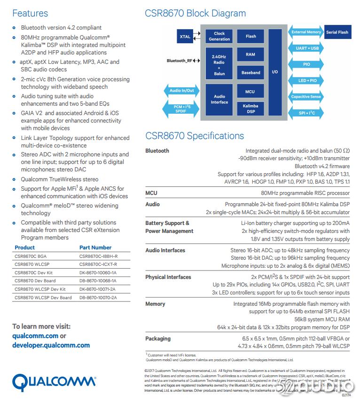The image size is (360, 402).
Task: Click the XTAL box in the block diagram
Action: (185, 36)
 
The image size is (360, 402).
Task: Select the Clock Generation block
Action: (219, 36)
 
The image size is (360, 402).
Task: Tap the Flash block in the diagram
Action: (250, 36)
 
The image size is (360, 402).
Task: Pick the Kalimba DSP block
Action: (250, 108)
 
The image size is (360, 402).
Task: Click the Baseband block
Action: (250, 73)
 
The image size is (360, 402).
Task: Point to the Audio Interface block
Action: (219, 99)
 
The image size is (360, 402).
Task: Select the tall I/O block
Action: (275, 72)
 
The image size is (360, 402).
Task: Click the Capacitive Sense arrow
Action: (306, 97)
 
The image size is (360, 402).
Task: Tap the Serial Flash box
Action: (337, 32)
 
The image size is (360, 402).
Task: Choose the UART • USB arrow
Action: (307, 48)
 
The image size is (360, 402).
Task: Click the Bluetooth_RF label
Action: (180, 61)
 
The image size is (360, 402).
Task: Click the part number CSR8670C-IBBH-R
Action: (98, 256)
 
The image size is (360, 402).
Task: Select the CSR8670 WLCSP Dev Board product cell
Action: (43, 298)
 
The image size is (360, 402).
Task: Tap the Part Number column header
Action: (95, 247)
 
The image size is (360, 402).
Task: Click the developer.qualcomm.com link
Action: (51, 345)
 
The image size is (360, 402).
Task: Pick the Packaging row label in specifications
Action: (158, 339)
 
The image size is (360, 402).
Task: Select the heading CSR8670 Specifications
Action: (194, 136)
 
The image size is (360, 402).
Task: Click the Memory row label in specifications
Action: (155, 304)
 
